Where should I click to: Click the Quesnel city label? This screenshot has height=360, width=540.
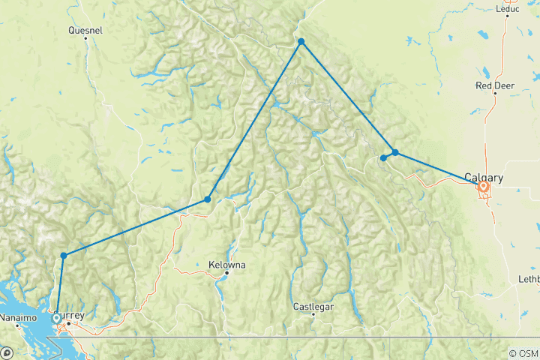[85, 31]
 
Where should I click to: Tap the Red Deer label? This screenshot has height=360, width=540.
[494, 85]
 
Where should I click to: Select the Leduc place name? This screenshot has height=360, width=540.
[508, 9]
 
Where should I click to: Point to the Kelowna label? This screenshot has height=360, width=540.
[226, 265]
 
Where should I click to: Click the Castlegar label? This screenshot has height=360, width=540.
[313, 306]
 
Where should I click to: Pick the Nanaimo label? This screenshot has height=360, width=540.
[19, 317]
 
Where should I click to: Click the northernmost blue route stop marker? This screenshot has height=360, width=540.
[301, 42]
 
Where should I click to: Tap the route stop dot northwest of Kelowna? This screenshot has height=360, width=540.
[208, 199]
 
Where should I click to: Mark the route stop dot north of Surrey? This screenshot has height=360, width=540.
[64, 256]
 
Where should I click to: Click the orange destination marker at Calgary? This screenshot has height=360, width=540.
[484, 187]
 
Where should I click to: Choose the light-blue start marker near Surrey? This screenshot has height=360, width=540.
[57, 318]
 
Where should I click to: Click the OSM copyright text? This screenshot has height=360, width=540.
[522, 353]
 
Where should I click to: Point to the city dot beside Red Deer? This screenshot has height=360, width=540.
[496, 94]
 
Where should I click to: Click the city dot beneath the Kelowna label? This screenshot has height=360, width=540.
[226, 273]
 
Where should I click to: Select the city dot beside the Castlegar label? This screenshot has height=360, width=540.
[313, 314]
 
